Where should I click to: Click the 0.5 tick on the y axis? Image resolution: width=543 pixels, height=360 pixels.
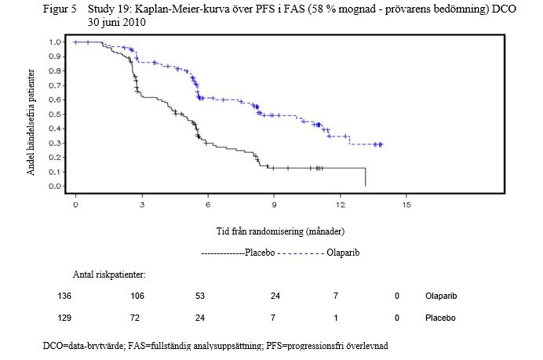[x=55, y=115]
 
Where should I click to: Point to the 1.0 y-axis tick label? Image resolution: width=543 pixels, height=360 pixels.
[x=55, y=42]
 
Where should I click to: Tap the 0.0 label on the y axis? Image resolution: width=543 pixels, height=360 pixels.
[x=55, y=186]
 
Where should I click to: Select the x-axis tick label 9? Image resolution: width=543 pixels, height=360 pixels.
[x=274, y=205]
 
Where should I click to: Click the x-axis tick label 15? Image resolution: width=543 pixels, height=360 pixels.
[x=406, y=205]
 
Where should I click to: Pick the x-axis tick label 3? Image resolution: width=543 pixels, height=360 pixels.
[x=142, y=205]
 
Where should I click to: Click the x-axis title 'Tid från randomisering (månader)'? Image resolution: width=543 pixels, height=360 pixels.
[x=280, y=231]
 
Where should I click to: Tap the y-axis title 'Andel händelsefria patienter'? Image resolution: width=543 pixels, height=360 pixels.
[x=31, y=122]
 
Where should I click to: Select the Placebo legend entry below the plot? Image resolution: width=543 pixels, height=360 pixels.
[x=239, y=253]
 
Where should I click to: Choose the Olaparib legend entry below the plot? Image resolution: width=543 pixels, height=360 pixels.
[x=319, y=253]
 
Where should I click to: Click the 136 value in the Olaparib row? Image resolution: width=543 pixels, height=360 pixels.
[x=64, y=296]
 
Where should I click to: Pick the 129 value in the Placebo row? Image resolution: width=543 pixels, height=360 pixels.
[x=64, y=318]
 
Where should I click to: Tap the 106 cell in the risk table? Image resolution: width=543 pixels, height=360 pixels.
[x=137, y=296]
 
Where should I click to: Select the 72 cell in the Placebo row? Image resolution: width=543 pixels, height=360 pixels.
[x=135, y=318]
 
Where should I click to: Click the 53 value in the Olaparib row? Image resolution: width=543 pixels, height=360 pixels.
[x=200, y=296]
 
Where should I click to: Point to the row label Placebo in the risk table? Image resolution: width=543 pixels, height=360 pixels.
[x=440, y=318]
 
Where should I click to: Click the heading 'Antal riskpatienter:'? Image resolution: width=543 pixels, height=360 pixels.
[x=109, y=275]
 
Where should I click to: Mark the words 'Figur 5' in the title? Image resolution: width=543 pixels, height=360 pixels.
[x=60, y=9]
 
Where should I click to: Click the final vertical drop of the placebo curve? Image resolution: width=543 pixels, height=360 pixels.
[x=366, y=177]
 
